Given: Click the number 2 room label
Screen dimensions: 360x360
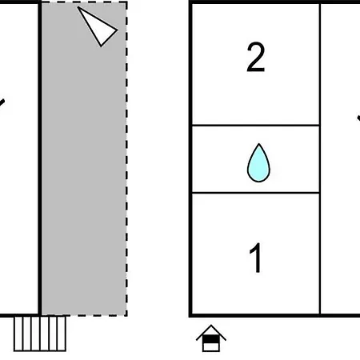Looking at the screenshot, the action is point(256,58).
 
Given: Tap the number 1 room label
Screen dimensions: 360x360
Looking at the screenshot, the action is point(255,258).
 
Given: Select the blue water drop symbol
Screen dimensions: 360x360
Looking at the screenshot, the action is point(258,162).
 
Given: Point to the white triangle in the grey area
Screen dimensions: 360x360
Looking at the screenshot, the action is point(98,26).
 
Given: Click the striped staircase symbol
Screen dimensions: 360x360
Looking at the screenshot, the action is point(40,334).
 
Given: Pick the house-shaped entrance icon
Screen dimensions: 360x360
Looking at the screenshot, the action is point(211,338).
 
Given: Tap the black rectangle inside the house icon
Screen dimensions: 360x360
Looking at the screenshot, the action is point(211,339).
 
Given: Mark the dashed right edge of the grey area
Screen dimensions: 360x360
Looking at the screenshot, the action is point(126,158).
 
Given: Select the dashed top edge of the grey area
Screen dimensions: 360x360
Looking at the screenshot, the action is point(84,2).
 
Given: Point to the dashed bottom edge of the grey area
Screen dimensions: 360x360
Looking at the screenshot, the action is point(84,315).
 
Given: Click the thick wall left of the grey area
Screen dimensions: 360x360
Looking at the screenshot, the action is point(40,158).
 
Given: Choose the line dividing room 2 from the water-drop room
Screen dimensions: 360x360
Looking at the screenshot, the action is point(256,125).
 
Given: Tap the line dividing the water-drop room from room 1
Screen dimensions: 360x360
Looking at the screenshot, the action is point(256,192).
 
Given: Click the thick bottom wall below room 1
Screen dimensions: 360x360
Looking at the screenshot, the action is point(256,316).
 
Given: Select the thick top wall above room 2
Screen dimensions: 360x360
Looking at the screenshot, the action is point(256,2).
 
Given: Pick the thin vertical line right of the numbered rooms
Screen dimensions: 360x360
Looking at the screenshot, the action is point(320,158).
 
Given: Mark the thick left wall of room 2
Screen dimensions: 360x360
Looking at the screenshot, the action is point(190,64).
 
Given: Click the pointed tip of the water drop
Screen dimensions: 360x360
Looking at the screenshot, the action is point(258,144).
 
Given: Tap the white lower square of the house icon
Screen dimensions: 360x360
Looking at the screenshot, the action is point(211,347).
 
